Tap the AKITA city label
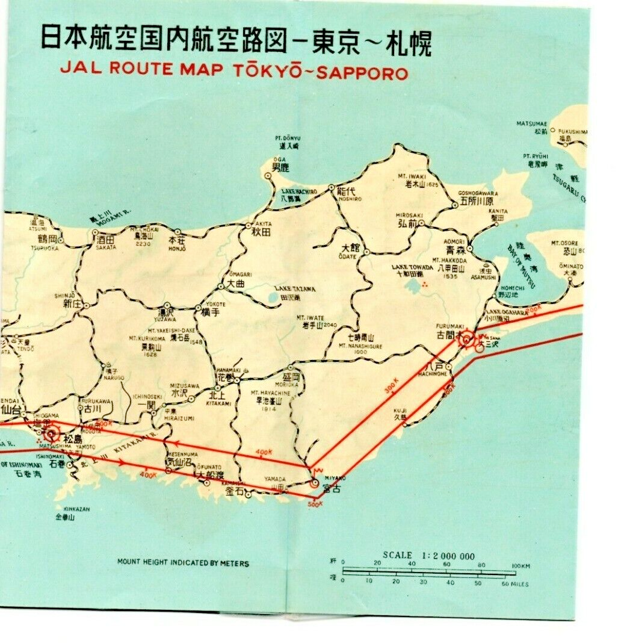click(249, 223)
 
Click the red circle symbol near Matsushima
click(52, 432)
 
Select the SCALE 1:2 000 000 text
click(428, 556)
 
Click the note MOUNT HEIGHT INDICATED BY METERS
click(183, 564)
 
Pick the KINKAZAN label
click(73, 509)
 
